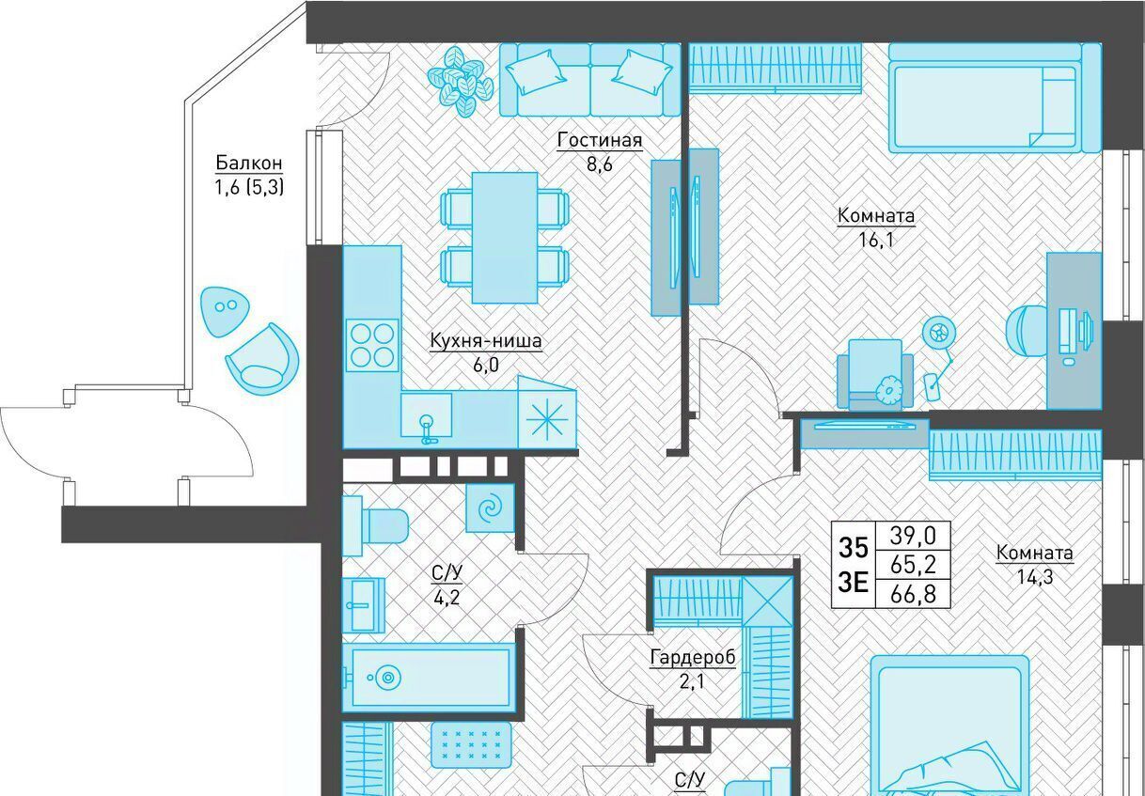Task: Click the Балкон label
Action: [249, 163]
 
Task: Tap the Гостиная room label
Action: [600, 139]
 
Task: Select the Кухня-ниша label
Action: [486, 340]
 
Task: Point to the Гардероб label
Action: [693, 657]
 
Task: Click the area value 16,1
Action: [876, 239]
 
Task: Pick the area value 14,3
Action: [1035, 577]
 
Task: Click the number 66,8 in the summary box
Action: [913, 594]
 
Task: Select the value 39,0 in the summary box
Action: [913, 536]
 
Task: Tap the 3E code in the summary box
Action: [854, 582]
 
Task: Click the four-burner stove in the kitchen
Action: [372, 346]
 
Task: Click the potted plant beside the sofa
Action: [461, 81]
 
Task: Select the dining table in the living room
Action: [505, 238]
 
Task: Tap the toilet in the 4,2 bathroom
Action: [376, 525]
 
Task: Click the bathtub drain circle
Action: [388, 678]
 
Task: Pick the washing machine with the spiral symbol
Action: [490, 508]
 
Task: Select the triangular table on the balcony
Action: [224, 311]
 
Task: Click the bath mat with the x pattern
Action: [471, 744]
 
